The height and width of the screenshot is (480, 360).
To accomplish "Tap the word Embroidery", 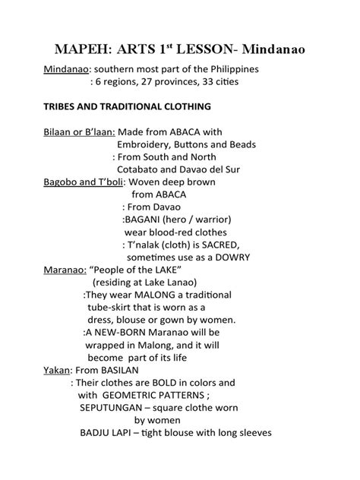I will coord(148,144).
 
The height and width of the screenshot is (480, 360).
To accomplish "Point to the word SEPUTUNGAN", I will coord(114,407).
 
